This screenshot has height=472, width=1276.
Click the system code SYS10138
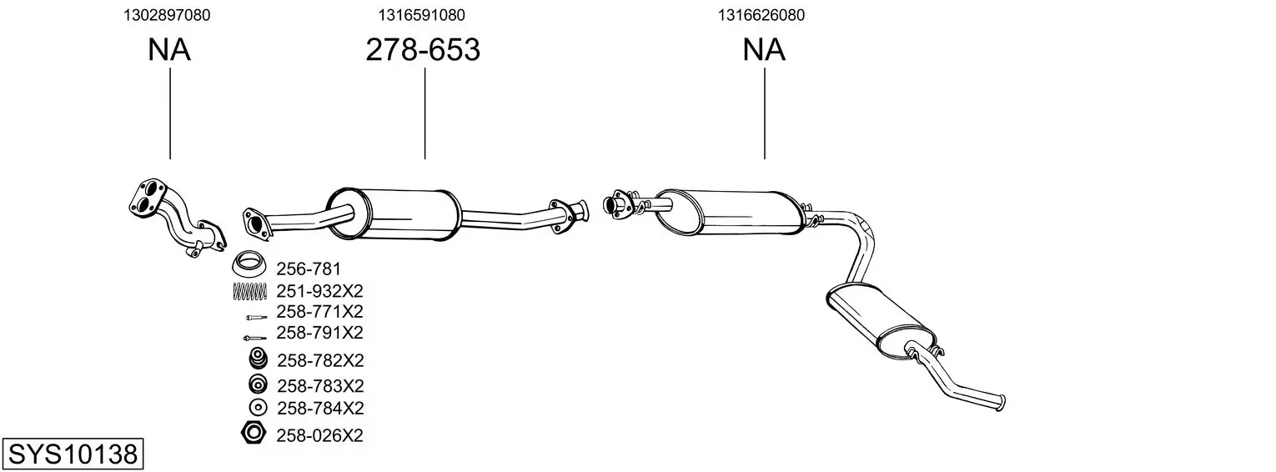(x=73, y=454)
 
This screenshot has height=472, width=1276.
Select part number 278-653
(x=423, y=50)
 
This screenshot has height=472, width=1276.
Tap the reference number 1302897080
(x=167, y=15)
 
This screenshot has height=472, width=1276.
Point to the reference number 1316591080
(x=421, y=15)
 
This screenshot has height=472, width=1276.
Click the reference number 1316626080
(x=761, y=15)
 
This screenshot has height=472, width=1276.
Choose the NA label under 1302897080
(x=169, y=50)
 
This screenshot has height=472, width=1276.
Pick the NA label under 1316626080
(x=764, y=50)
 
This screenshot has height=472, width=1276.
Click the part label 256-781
(x=309, y=269)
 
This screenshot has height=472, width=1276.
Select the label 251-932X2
(x=319, y=291)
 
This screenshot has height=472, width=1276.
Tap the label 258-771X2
(x=319, y=311)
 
